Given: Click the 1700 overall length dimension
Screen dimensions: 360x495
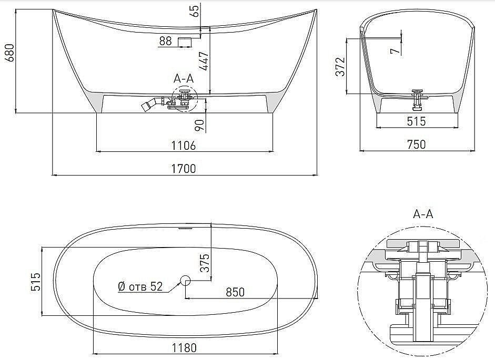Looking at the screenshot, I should tap(184, 168).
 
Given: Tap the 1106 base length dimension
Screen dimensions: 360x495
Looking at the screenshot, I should tap(184, 145).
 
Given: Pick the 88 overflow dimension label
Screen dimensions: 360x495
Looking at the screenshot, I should tap(165, 41).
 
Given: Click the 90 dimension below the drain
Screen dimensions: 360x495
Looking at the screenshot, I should tap(199, 125).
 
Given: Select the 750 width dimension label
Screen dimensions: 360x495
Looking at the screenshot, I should tap(416, 144).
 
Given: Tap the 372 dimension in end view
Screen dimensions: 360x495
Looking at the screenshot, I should tap(341, 67).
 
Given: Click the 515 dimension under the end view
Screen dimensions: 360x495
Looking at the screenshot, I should tap(416, 121).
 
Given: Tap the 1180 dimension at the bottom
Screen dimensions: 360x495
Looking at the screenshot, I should tap(184, 347).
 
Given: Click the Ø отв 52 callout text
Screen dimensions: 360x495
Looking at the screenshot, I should tap(140, 286).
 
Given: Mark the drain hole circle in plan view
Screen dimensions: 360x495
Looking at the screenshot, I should tap(185, 280).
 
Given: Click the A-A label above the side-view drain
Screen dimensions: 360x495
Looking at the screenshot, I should tap(184, 78).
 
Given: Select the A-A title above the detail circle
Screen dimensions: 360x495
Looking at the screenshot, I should tap(423, 214).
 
